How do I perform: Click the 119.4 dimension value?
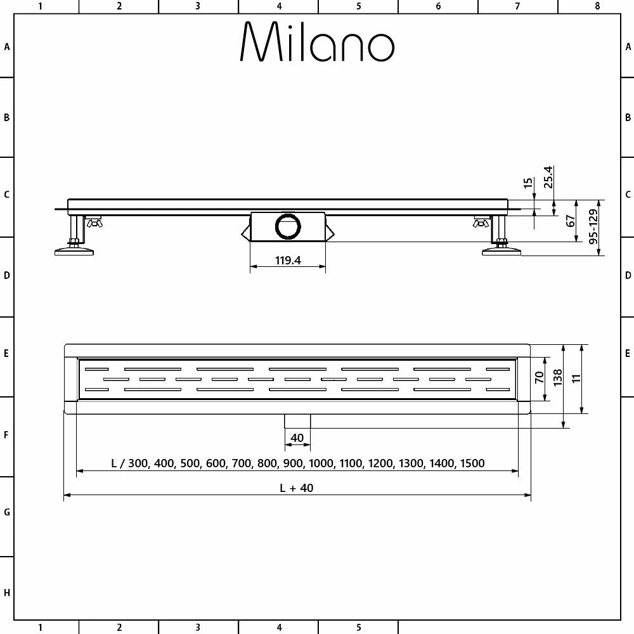[x=288, y=260]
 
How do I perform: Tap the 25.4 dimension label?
[x=549, y=177]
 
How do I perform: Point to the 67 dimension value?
[x=571, y=221]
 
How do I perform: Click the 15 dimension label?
[x=528, y=184]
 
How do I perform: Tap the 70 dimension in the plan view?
[x=540, y=378]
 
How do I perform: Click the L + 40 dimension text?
[x=297, y=488]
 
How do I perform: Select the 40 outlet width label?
[x=297, y=437]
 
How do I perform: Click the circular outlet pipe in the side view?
[x=288, y=226]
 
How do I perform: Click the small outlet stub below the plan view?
[x=297, y=420]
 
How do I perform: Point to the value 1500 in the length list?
[x=472, y=463]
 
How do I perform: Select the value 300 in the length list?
[x=141, y=463]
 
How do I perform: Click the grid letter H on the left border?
[x=7, y=593]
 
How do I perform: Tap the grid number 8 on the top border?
[x=597, y=6]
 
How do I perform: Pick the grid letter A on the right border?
[x=628, y=46]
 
